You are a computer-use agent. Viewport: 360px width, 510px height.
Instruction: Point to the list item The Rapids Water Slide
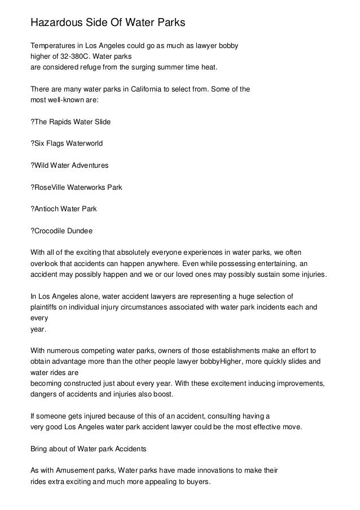click(70, 122)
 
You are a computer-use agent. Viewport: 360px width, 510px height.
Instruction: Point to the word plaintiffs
click(45, 307)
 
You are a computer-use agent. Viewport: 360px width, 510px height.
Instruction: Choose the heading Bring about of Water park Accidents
click(88, 448)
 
